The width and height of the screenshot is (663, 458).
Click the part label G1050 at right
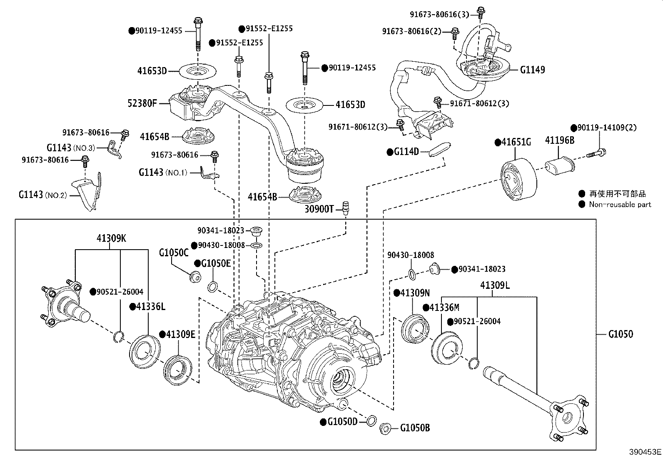click(x=620, y=334)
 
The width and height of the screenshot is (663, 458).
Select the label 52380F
click(x=142, y=103)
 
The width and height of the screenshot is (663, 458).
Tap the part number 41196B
click(x=559, y=140)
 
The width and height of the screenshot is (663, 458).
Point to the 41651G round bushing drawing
click(x=518, y=179)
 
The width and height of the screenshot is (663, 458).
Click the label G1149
click(x=532, y=70)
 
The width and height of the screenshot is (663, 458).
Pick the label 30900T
click(x=319, y=209)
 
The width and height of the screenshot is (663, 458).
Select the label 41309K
click(x=111, y=238)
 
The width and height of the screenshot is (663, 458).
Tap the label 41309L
click(x=495, y=285)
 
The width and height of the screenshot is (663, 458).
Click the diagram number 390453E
click(x=645, y=452)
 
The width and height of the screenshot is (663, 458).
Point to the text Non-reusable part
click(x=620, y=205)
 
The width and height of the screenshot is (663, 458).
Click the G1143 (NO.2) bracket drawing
click(x=88, y=192)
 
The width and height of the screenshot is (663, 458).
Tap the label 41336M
click(x=444, y=308)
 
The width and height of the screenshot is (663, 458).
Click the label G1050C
click(x=173, y=253)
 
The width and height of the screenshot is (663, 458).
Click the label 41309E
click(x=180, y=334)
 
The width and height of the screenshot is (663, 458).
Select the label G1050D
click(x=342, y=422)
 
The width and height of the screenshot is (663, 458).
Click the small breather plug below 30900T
click(x=345, y=207)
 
